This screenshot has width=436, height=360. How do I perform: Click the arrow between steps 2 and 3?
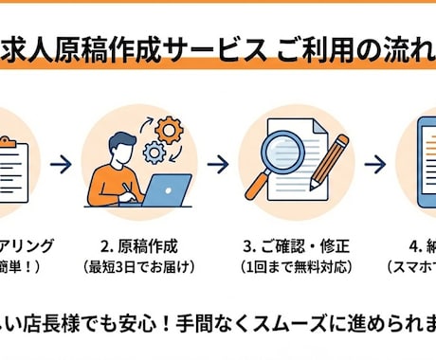(218, 164)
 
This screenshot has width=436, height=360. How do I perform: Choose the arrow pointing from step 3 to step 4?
(375, 164)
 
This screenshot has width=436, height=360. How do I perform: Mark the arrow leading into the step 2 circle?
(62, 164)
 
